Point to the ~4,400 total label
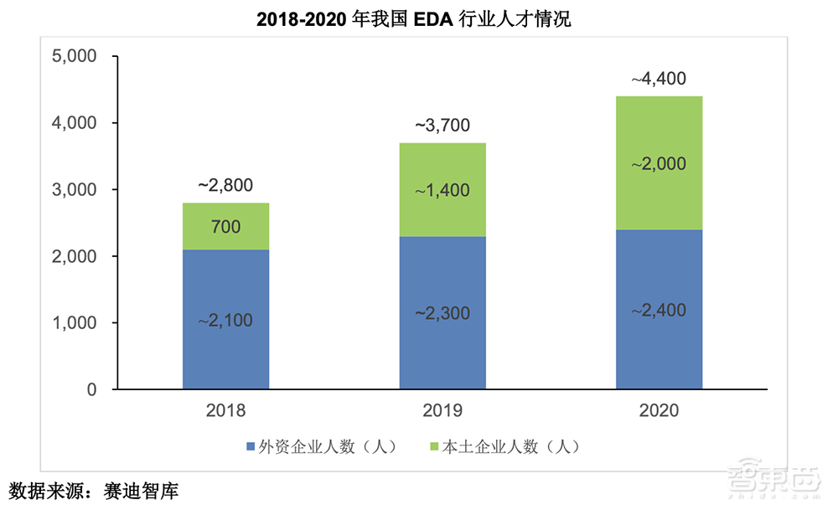point(659,80)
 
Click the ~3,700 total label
point(442,126)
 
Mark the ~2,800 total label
point(225,185)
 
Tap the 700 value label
point(225,226)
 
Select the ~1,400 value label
point(442,190)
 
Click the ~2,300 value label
point(442,313)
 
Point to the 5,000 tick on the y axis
point(75,57)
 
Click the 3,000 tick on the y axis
point(75,190)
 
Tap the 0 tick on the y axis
point(91,390)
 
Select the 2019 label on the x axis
point(442,411)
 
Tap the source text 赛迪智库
point(142,491)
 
